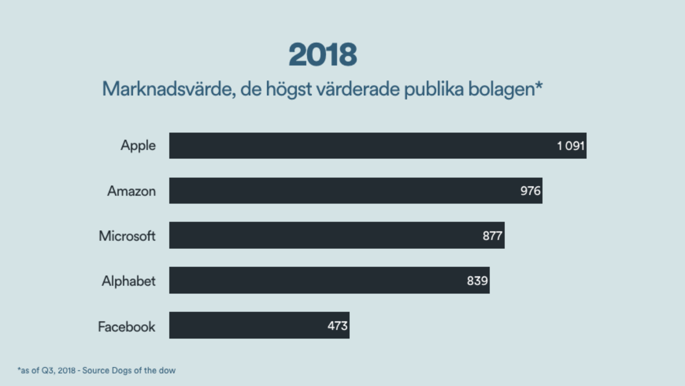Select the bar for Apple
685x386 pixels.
[x=378, y=146]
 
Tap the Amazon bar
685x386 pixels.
[x=356, y=191]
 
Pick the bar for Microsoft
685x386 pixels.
[x=337, y=236]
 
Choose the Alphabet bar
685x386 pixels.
[x=329, y=280]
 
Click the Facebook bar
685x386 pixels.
[x=259, y=325]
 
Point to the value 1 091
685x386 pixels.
[x=571, y=146]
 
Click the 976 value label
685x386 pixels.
[x=530, y=191]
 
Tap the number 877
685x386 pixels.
[x=493, y=236]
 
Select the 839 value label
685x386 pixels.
[x=477, y=281]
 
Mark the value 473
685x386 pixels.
[x=337, y=326]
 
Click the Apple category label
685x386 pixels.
[x=138, y=146]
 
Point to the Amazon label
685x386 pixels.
[x=132, y=191]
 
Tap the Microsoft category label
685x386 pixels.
[x=127, y=236]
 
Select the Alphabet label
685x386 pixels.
[x=128, y=281]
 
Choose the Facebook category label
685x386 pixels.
[x=126, y=326]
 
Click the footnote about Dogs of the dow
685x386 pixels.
[x=97, y=370]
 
